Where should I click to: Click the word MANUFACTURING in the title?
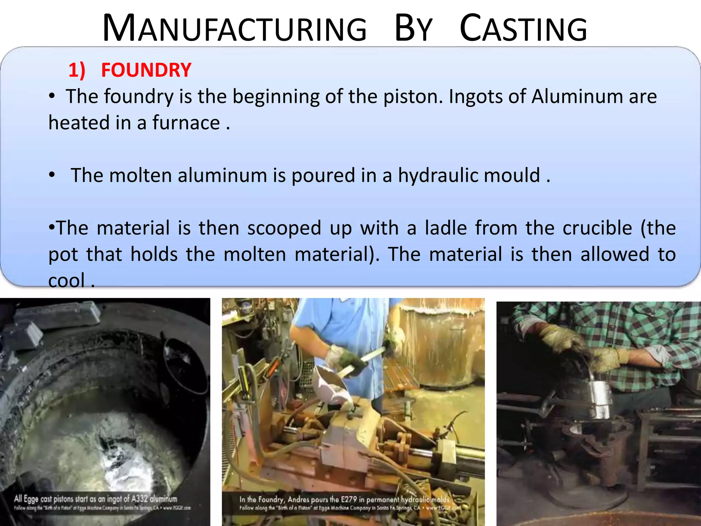[x=234, y=29]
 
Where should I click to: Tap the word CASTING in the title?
[x=523, y=29]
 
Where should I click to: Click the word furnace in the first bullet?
[x=186, y=123]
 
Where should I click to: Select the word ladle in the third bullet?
[x=446, y=228]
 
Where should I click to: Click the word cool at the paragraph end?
[x=66, y=281]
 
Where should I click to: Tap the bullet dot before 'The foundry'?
[x=52, y=96]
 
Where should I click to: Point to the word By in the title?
[x=413, y=29]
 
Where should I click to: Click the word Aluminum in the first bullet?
[x=577, y=97]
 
